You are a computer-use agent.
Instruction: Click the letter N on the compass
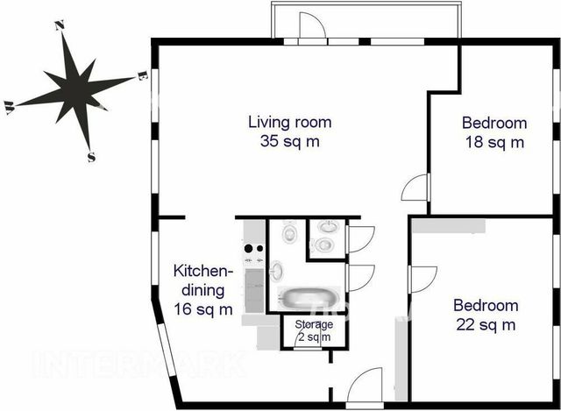coord(60,25)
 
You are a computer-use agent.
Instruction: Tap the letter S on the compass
coord(91,157)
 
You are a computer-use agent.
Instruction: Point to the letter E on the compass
coord(142,76)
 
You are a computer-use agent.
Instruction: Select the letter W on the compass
coord(9,107)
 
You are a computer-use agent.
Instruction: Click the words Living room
coord(290,122)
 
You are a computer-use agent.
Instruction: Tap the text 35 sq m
coord(290,141)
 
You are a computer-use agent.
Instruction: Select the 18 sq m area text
coord(494,142)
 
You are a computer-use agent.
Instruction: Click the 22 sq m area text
coord(486,325)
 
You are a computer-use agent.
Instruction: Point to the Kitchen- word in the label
coord(202,271)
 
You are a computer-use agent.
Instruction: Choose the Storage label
coord(314,324)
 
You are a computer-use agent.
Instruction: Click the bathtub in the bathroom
coord(309,298)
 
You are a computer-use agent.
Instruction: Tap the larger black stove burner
coord(249,248)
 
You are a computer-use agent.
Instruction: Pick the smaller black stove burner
coord(259,248)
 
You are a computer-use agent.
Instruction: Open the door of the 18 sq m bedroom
coord(415,187)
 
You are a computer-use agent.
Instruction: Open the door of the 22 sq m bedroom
coord(423,280)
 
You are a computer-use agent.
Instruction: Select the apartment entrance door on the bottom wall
coord(365,386)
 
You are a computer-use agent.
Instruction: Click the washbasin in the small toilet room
coord(328,226)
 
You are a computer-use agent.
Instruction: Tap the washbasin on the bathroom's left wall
coord(276,270)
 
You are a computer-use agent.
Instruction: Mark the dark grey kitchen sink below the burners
coord(254,290)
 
